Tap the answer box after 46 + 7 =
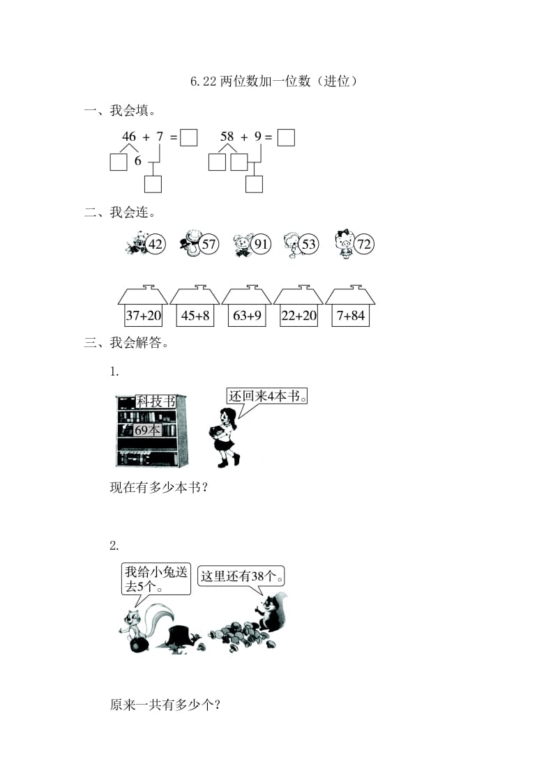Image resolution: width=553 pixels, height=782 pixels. tap(188, 137)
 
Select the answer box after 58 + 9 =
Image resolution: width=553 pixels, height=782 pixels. tap(286, 137)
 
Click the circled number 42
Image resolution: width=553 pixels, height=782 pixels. tap(156, 245)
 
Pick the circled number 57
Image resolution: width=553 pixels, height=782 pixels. tap(209, 245)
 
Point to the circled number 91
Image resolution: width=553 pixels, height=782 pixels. tap(262, 245)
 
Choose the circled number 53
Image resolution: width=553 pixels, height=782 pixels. tap(309, 245)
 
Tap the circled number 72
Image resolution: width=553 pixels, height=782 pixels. tap(363, 245)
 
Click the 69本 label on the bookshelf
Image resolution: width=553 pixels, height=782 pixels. tap(147, 430)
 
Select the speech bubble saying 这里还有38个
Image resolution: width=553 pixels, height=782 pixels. tap(241, 576)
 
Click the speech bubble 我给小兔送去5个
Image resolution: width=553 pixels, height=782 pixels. tap(156, 578)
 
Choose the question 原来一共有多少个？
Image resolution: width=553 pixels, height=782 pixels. tap(165, 705)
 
